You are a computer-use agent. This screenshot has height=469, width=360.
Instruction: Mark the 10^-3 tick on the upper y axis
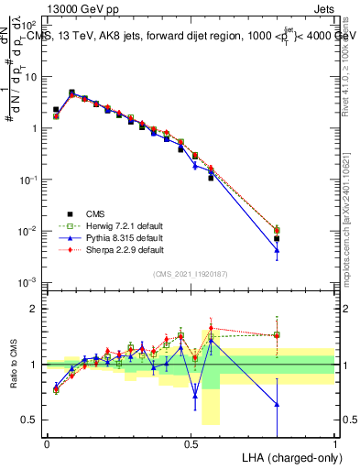tap(29, 281)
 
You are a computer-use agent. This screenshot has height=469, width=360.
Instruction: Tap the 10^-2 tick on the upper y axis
tap(29, 230)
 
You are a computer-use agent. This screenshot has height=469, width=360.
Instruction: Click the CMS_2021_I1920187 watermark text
tap(191, 272)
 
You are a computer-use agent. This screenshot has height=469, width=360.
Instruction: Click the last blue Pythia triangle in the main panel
tap(277, 250)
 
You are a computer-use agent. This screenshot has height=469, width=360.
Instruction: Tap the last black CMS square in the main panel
tap(277, 238)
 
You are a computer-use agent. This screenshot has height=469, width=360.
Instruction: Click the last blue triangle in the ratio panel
tap(277, 404)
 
